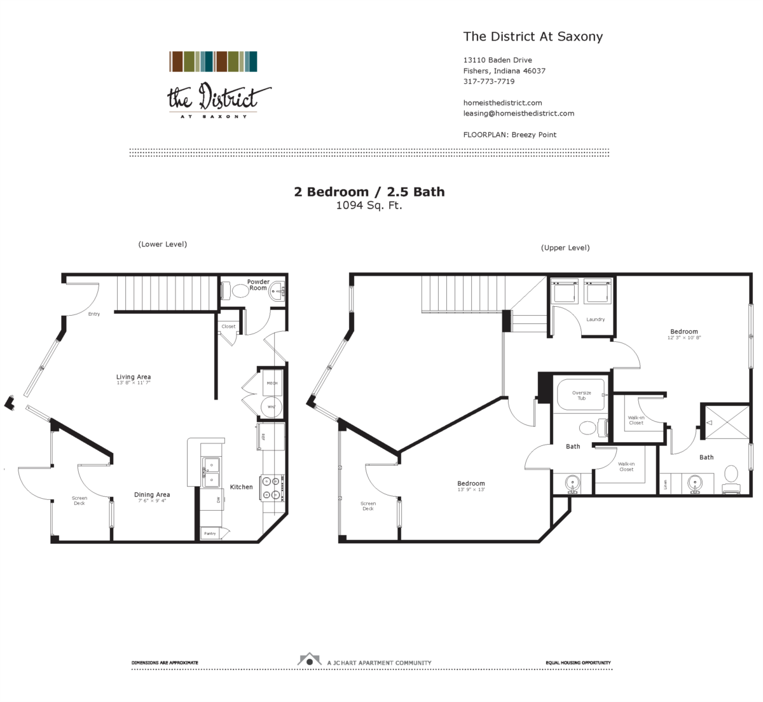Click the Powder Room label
(x=258, y=285)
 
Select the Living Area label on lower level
(x=134, y=377)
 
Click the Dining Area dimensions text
(x=152, y=501)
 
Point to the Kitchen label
(x=241, y=487)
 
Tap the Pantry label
(x=210, y=534)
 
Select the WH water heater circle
(x=271, y=407)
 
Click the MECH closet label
(x=272, y=383)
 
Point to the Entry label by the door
(x=94, y=314)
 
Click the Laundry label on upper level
(x=595, y=320)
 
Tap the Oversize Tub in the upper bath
(x=581, y=395)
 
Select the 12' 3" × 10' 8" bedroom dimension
(x=684, y=338)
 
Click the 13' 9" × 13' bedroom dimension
(x=471, y=490)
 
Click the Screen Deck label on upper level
(x=368, y=506)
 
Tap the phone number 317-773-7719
(x=488, y=81)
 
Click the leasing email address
(x=518, y=113)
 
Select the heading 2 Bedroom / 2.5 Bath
(x=369, y=192)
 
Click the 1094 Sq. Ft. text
(x=369, y=205)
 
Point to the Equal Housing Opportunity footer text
(x=578, y=663)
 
